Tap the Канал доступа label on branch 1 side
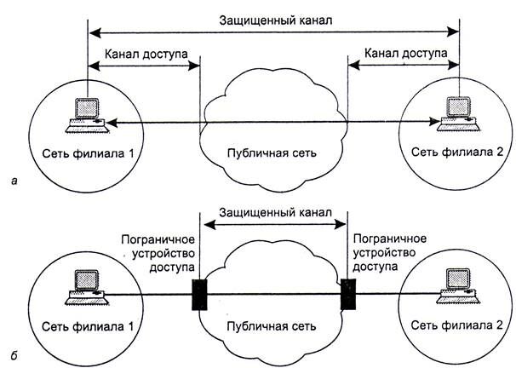[143, 54]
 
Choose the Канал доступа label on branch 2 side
[406, 54]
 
